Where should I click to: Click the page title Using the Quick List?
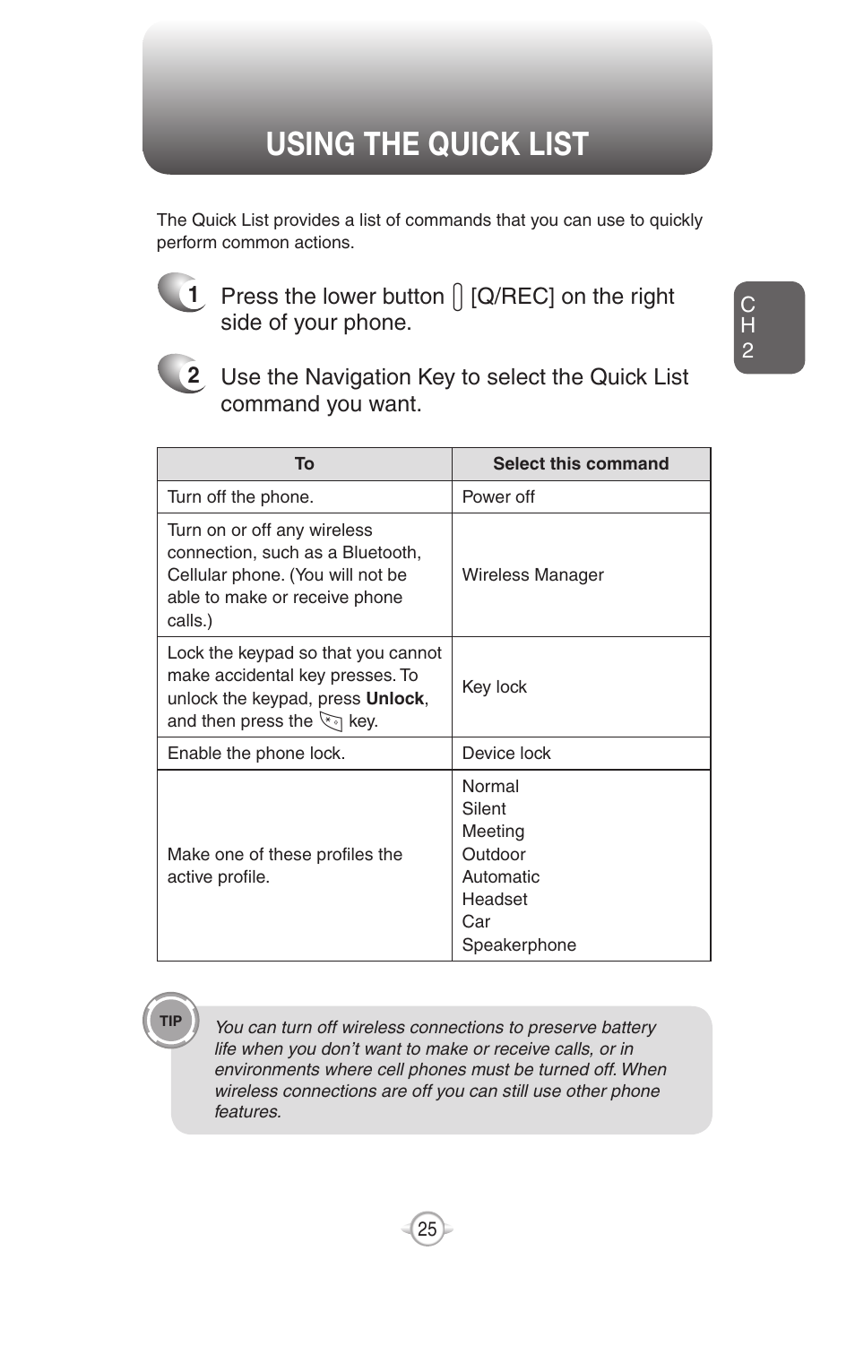tap(427, 144)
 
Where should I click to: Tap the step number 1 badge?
tap(184, 293)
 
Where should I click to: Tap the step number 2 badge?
tap(184, 375)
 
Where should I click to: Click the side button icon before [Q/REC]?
tap(458, 298)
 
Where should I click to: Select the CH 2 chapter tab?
tap(768, 328)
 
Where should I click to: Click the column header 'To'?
tap(304, 464)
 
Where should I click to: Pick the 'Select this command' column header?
tap(580, 464)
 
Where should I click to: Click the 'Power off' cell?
tap(498, 497)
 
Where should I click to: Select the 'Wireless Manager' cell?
tap(532, 575)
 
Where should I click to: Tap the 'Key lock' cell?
tap(494, 687)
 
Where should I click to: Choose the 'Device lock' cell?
tap(506, 754)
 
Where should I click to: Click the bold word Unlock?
tap(394, 699)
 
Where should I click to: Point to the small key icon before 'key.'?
tap(331, 721)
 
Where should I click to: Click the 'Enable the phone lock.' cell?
tap(256, 754)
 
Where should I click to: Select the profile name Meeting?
tap(493, 832)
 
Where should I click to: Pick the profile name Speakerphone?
tap(519, 945)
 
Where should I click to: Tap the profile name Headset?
tap(495, 900)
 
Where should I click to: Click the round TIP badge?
tap(170, 1021)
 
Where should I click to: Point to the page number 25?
tap(427, 1229)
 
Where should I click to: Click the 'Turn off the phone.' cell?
tap(240, 497)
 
